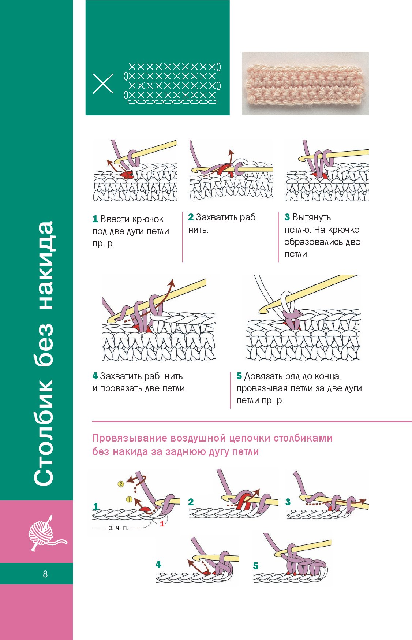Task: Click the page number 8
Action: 45,574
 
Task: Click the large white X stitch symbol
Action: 103,84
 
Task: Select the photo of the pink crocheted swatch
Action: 305,83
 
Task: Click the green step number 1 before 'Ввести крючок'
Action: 95,219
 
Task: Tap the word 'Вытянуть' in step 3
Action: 311,217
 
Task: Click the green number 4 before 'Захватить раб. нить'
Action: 95,376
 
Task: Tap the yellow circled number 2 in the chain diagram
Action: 121,484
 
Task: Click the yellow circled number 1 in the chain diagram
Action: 129,499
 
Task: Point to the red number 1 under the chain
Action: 162,524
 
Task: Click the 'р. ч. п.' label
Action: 118,528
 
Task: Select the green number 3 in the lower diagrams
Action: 288,502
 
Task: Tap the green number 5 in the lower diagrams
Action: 256,566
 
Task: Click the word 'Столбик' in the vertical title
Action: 44,434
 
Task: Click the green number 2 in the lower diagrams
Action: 191,502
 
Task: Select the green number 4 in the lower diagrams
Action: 158,564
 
